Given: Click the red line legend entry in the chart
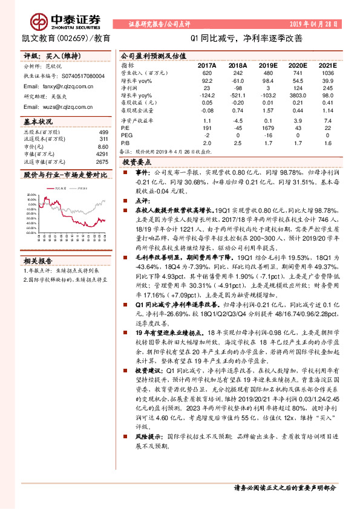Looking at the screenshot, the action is pyautogui.click(x=61, y=189).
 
